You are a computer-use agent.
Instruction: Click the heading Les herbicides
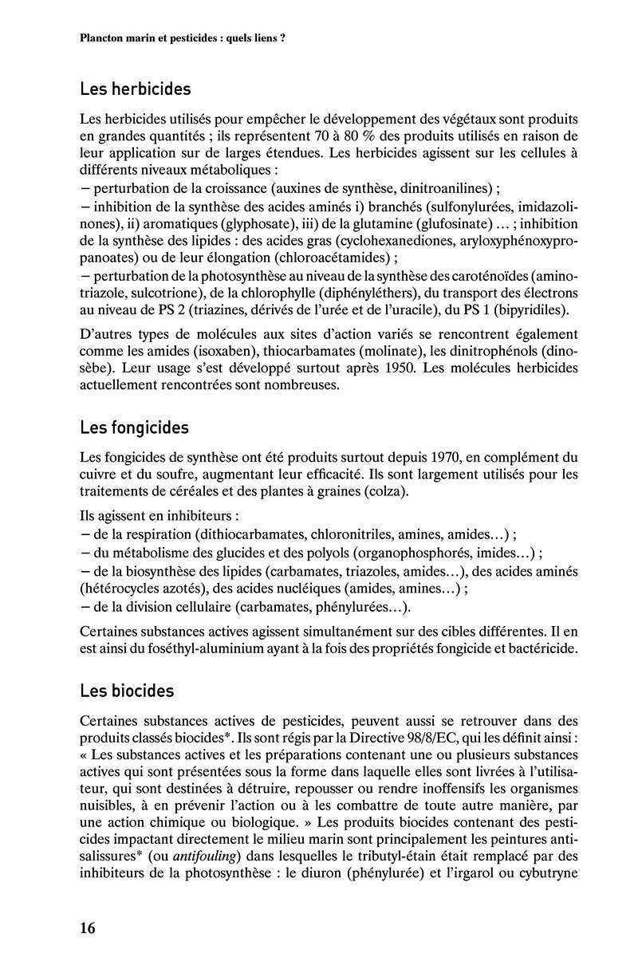coord(135,89)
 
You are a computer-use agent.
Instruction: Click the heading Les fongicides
coord(134,427)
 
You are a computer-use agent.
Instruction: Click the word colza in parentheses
coord(386,491)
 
